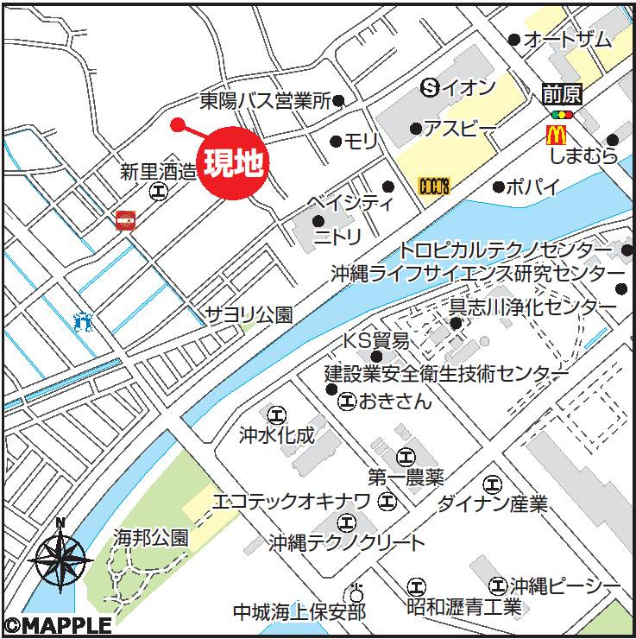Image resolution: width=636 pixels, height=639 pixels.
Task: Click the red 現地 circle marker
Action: click(x=233, y=163)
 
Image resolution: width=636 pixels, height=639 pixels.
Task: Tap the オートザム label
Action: click(x=567, y=40)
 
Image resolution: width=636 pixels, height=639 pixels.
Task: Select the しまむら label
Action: click(x=585, y=156)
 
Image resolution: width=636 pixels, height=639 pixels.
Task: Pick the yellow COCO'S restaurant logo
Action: click(x=433, y=186)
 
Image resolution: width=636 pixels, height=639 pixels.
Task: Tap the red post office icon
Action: click(x=124, y=221)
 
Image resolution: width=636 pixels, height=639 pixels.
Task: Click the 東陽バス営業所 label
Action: click(x=265, y=102)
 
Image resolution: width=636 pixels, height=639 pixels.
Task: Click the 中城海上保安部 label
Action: click(x=299, y=612)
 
